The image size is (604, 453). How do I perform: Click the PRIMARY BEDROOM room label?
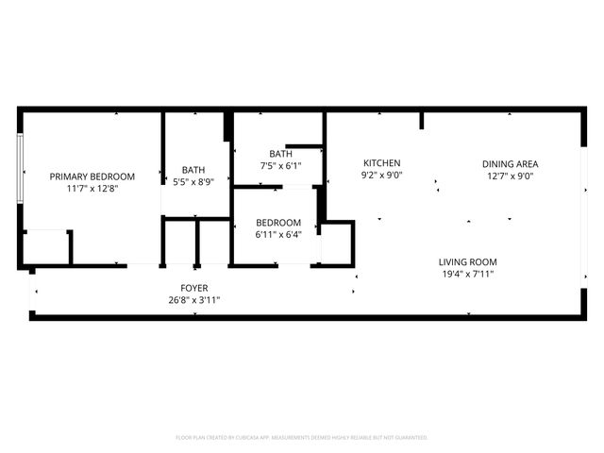[x=92, y=176]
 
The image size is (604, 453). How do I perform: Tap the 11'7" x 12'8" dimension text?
[x=92, y=189]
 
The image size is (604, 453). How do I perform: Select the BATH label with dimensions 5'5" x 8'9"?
[x=193, y=170]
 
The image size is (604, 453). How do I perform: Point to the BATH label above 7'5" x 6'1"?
[x=280, y=154]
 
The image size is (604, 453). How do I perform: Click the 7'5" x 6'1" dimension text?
[x=280, y=166]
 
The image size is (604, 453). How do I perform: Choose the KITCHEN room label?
[x=381, y=163]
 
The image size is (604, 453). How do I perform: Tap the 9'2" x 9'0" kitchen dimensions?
[x=381, y=176]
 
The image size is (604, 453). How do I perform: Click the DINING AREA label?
[x=511, y=163]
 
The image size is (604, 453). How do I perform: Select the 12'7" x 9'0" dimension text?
[x=511, y=176]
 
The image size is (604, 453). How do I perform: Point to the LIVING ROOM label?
[x=467, y=262]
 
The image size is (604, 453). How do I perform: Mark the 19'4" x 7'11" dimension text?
[x=467, y=275]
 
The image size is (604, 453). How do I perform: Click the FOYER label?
[x=194, y=288]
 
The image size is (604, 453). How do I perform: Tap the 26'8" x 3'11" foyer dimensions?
[x=194, y=300]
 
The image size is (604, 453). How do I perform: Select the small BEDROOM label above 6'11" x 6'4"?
[x=278, y=223]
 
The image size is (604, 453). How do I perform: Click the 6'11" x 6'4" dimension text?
[x=278, y=235]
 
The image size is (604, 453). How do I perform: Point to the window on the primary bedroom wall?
[x=21, y=167]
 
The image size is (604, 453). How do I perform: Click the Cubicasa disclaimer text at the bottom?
[x=302, y=438]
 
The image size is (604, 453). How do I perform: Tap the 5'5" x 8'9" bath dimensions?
[x=193, y=182]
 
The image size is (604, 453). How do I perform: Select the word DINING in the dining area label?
[x=497, y=163]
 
